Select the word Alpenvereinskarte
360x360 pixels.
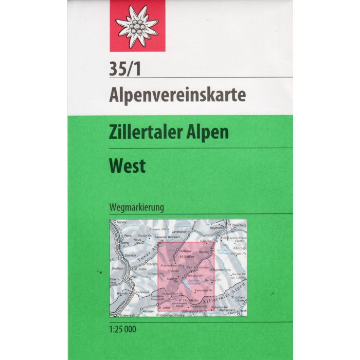tap(163, 94)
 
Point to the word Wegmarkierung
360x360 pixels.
tap(136, 208)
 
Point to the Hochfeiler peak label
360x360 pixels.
tap(191, 299)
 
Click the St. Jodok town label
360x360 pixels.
tap(140, 268)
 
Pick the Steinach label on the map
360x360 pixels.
tap(129, 255)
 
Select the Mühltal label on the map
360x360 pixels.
tap(122, 221)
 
